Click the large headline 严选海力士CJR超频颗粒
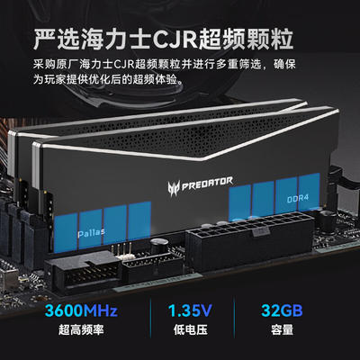[163, 39]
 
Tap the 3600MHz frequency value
[81, 310]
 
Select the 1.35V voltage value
[190, 310]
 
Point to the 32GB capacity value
[282, 310]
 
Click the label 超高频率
[81, 330]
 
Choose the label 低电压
[190, 330]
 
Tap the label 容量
[282, 330]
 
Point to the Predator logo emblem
[174, 188]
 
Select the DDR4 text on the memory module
[298, 198]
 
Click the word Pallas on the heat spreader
[91, 232]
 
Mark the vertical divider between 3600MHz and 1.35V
[150, 318]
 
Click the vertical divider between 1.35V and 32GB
[234, 318]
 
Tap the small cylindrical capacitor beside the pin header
[158, 247]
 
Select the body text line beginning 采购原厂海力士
[165, 64]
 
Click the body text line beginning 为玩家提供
[108, 80]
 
